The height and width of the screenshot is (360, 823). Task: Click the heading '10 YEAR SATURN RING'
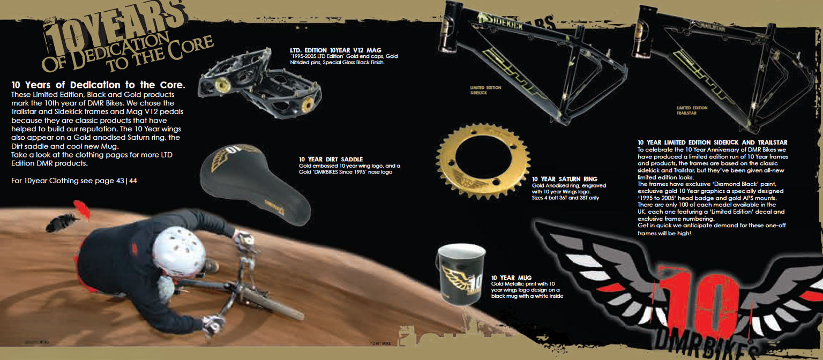(x=564, y=179)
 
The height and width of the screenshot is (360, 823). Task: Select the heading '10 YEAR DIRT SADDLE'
(x=331, y=159)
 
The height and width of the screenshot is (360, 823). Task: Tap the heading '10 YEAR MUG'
(x=511, y=277)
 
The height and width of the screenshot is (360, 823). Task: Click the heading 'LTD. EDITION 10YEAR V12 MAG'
(x=335, y=50)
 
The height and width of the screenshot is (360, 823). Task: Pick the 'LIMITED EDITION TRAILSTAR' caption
(x=692, y=110)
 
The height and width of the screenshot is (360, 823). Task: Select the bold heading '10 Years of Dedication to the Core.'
(x=98, y=85)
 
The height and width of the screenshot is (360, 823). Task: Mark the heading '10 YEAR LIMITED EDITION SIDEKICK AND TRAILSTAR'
(x=713, y=142)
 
